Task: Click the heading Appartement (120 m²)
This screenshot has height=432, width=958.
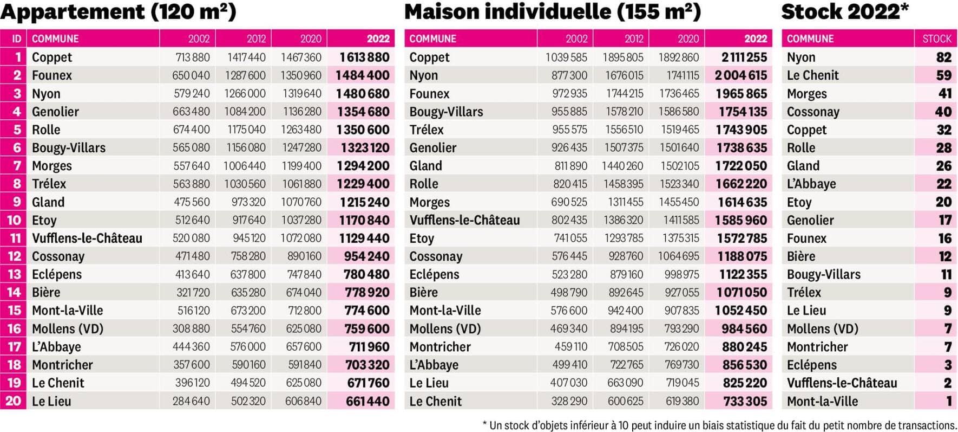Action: pos(118,12)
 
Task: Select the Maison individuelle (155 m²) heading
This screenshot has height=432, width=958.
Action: pos(552,12)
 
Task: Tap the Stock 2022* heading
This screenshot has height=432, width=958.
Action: pos(844,12)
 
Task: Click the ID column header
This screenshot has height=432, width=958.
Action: pos(17,39)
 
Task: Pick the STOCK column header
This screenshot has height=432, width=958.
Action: pos(936,39)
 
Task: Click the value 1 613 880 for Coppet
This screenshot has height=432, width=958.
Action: pos(364,57)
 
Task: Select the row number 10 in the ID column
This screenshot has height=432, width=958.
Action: pos(14,220)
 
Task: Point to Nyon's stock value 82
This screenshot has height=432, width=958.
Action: pos(943,57)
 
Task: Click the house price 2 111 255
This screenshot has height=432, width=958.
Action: pos(744,57)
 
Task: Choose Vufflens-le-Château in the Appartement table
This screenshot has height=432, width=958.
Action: pos(87,238)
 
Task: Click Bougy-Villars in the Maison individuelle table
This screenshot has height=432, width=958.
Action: pos(446,112)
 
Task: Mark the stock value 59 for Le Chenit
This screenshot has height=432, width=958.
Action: pos(943,75)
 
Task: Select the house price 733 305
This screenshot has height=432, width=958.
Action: pos(745,402)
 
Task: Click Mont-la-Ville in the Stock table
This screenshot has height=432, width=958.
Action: pos(822,402)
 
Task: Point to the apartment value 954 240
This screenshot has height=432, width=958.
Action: pos(366,256)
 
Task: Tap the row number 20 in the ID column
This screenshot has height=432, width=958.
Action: pos(14,402)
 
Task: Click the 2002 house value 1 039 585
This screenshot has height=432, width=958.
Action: pos(566,57)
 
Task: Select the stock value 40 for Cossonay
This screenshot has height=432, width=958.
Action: pos(943,112)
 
